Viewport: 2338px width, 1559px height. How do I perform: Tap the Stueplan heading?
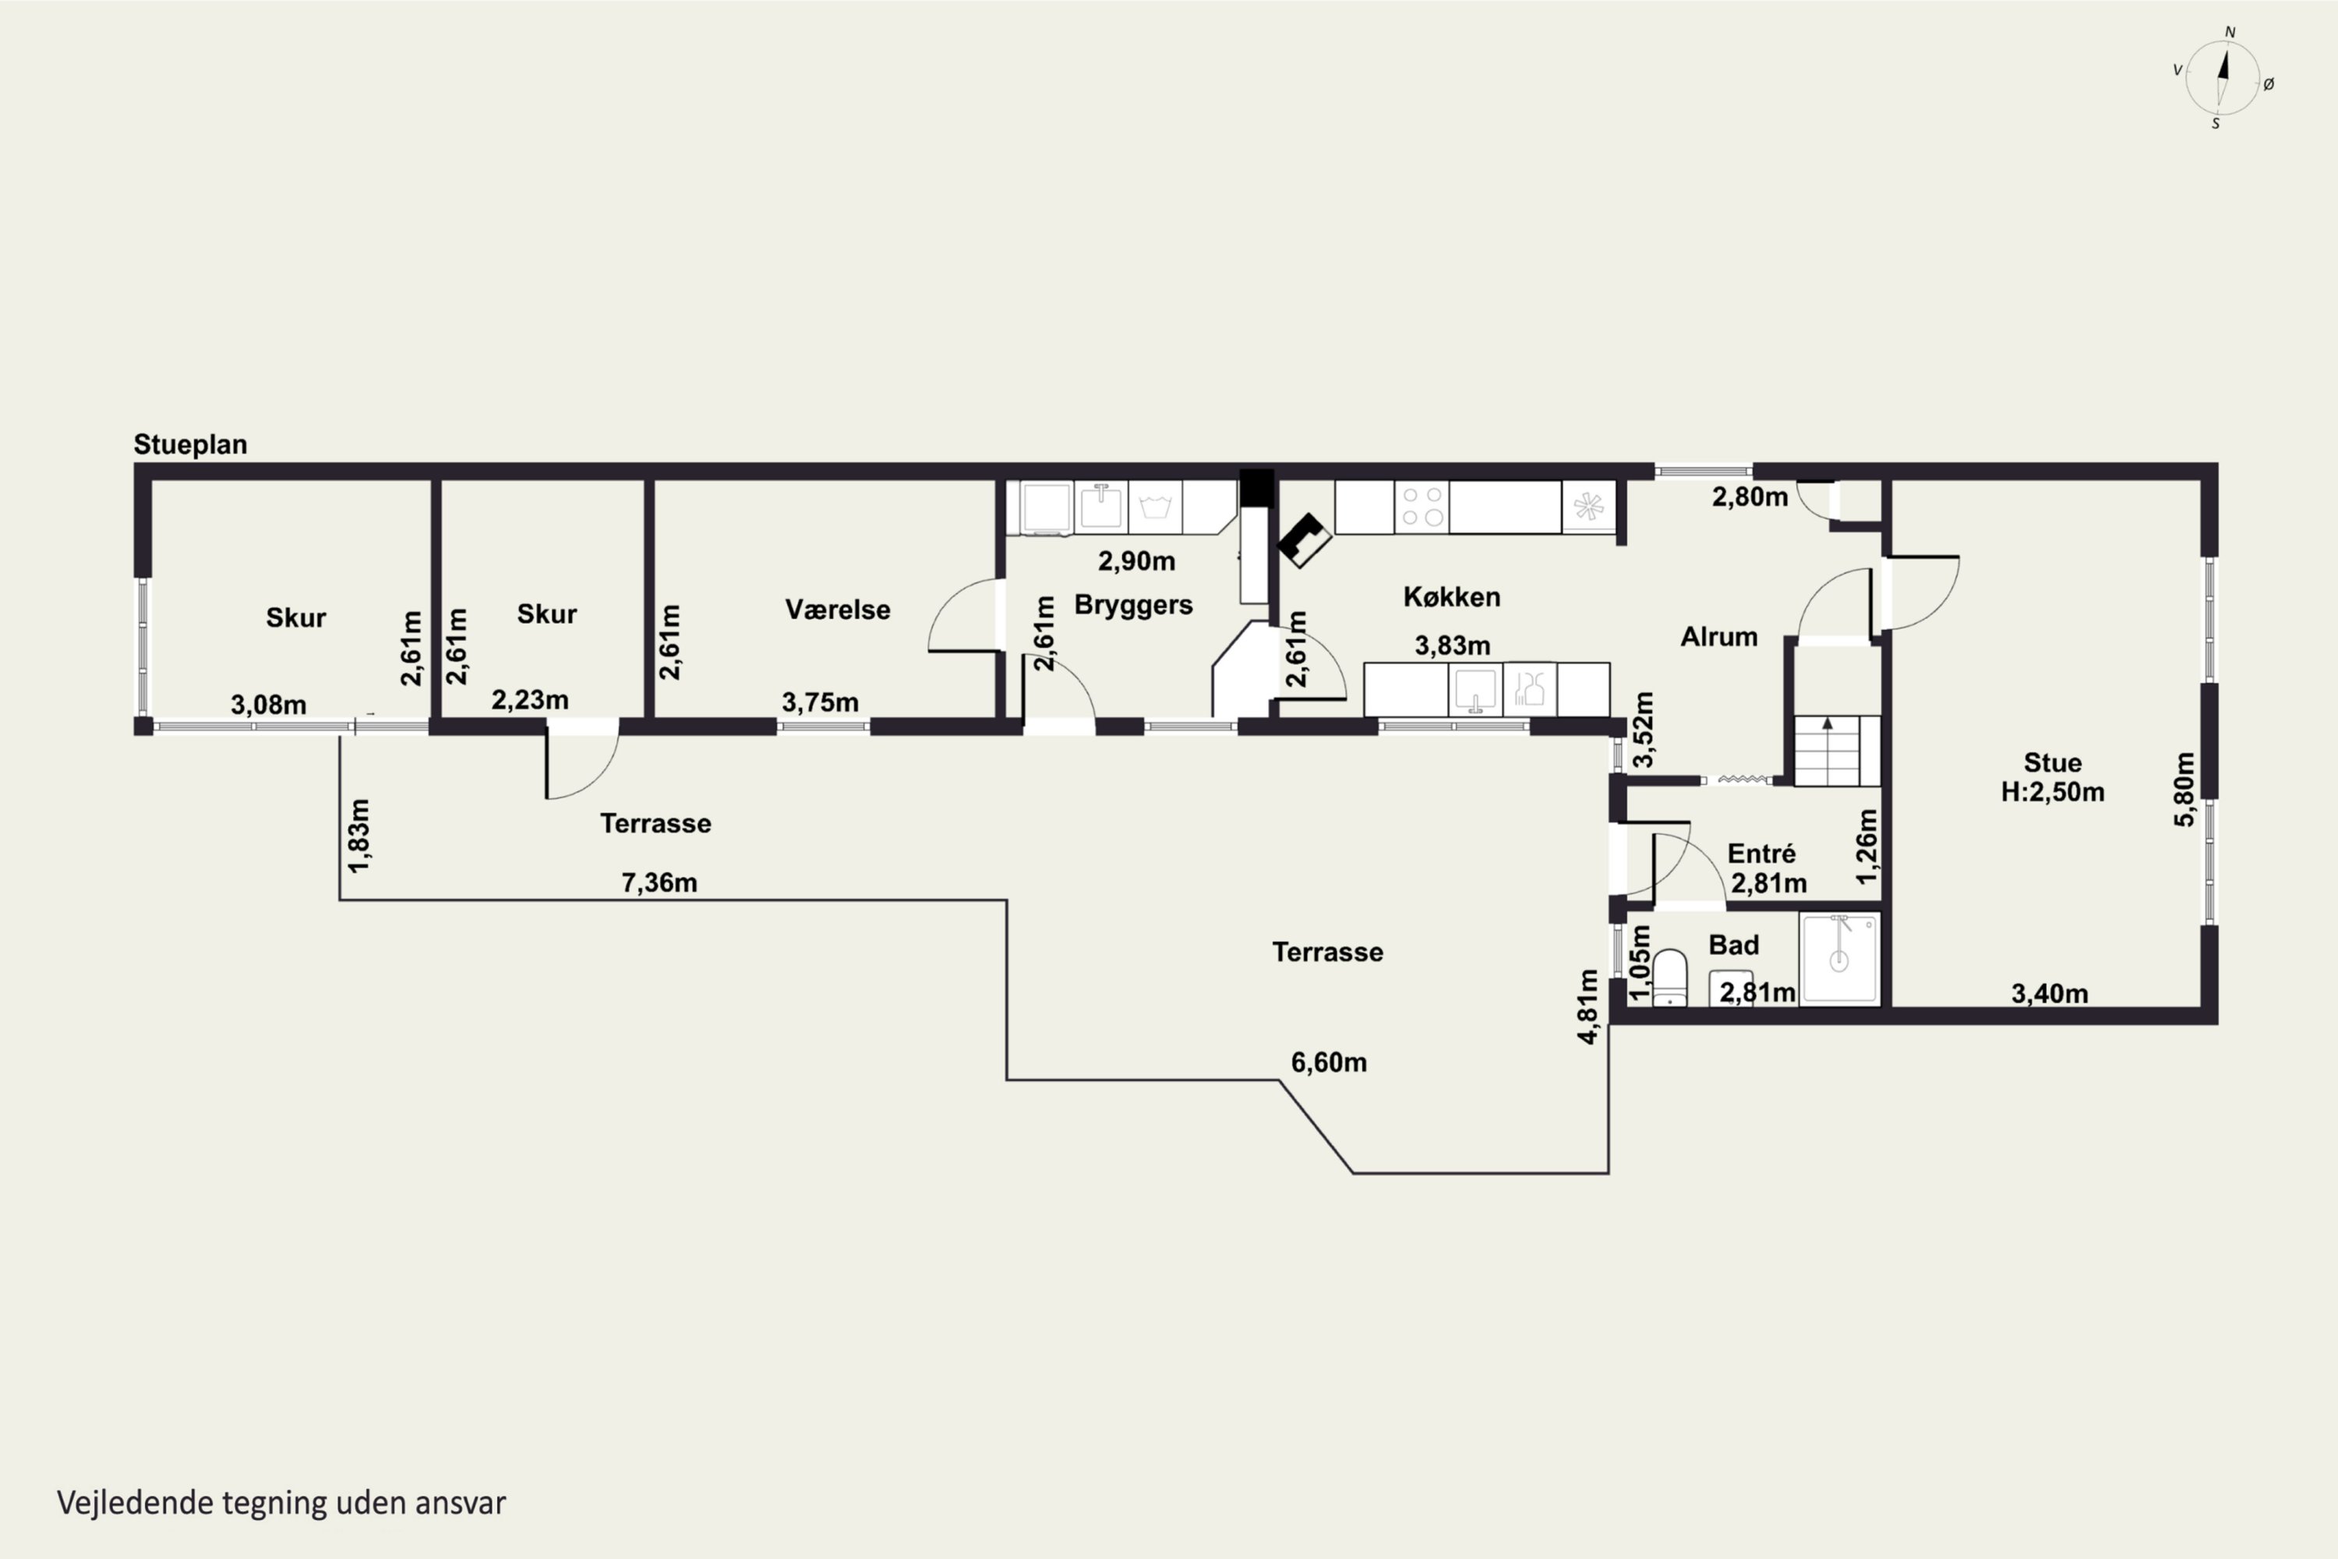point(190,444)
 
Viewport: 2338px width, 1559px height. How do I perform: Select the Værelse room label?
point(837,610)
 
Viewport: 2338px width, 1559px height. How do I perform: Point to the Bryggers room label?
point(1133,606)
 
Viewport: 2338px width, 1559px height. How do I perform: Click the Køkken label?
point(1451,596)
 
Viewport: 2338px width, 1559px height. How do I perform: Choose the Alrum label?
point(1718,636)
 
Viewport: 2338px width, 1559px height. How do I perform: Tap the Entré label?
point(1761,853)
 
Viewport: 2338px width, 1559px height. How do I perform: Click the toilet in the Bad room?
point(1670,978)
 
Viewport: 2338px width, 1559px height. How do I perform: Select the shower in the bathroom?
point(1839,960)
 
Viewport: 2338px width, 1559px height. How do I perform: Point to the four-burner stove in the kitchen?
point(1422,507)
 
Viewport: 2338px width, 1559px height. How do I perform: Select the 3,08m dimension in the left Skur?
point(268,705)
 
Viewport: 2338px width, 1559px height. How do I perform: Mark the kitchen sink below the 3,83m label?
point(1475,689)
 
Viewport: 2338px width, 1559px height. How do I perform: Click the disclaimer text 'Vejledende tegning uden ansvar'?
point(281,1502)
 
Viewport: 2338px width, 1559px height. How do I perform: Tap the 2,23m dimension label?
point(530,700)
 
